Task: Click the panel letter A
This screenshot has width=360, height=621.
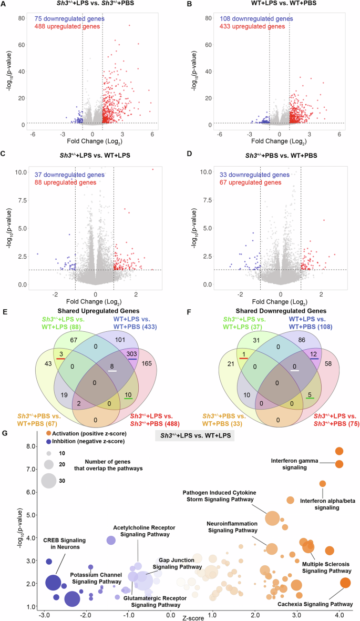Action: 4,5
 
